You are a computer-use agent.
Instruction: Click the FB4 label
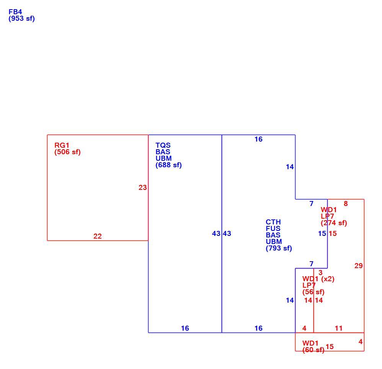point(15,12)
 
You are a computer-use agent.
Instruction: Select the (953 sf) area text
point(22,18)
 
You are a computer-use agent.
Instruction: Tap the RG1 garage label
point(62,145)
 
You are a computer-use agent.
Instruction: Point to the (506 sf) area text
point(67,152)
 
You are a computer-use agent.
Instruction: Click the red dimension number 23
point(143,188)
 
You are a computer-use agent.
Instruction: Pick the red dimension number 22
point(98,236)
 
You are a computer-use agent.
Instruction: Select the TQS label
point(163,145)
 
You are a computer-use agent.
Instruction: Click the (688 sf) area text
point(168,165)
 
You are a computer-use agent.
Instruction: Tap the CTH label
point(273,222)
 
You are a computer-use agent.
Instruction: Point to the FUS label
point(273,229)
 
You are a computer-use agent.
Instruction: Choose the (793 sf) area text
point(279,248)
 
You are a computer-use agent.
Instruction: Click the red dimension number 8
point(346,203)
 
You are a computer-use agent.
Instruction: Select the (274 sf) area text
point(334,223)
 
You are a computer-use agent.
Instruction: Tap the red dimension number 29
point(359,266)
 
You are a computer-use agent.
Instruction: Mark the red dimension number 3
point(321,273)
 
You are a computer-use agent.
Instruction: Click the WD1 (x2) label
point(318,279)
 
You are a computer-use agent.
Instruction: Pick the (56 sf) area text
point(313,292)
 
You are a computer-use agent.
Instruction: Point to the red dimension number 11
point(339,328)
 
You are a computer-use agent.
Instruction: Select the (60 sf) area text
point(313,350)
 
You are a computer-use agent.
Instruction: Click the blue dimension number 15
point(322,234)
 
